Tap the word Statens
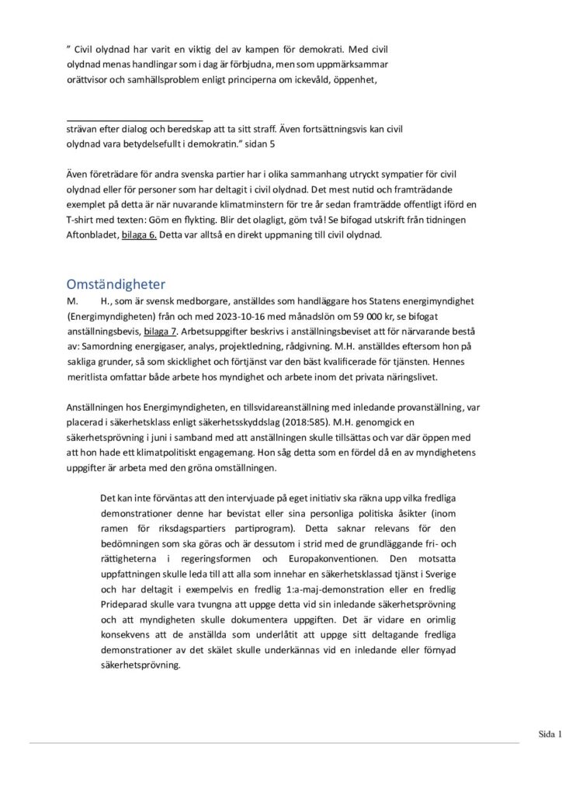383,300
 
